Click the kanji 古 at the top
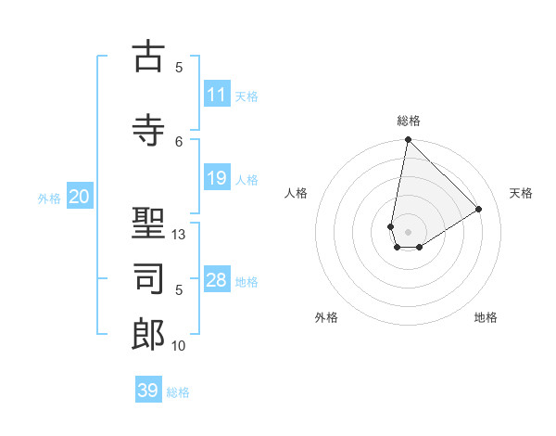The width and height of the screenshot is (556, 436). (148, 57)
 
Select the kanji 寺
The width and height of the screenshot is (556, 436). (148, 129)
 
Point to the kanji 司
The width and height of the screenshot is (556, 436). (148, 281)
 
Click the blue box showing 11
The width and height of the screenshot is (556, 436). (217, 95)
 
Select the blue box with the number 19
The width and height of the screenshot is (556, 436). (217, 178)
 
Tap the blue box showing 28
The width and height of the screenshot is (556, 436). (217, 280)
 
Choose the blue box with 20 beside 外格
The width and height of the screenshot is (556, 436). (80, 197)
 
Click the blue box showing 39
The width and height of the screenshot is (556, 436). (148, 391)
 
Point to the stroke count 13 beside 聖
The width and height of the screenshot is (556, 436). (179, 235)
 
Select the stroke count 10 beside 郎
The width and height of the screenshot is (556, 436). (179, 346)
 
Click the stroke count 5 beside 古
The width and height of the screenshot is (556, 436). (179, 67)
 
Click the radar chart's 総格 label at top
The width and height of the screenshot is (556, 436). (408, 121)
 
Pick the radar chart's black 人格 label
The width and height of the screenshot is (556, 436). (297, 193)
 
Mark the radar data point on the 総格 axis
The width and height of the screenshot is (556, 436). (408, 139)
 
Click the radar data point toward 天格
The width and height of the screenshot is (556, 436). (479, 209)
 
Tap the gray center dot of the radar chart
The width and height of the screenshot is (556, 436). (408, 230)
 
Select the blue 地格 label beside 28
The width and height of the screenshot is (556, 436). (247, 281)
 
